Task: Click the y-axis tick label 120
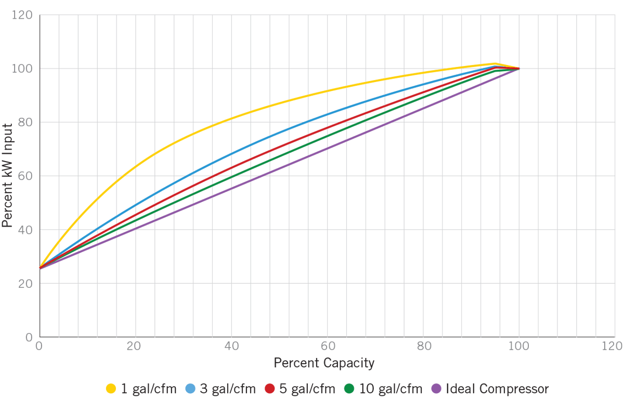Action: tap(24, 16)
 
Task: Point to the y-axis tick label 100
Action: tap(24, 69)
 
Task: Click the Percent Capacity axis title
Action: tap(324, 363)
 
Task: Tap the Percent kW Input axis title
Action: tap(7, 176)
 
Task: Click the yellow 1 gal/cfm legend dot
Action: tap(111, 388)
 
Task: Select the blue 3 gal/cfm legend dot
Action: tap(190, 388)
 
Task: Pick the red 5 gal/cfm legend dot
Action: tap(269, 388)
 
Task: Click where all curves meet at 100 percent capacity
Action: tap(518, 68)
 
